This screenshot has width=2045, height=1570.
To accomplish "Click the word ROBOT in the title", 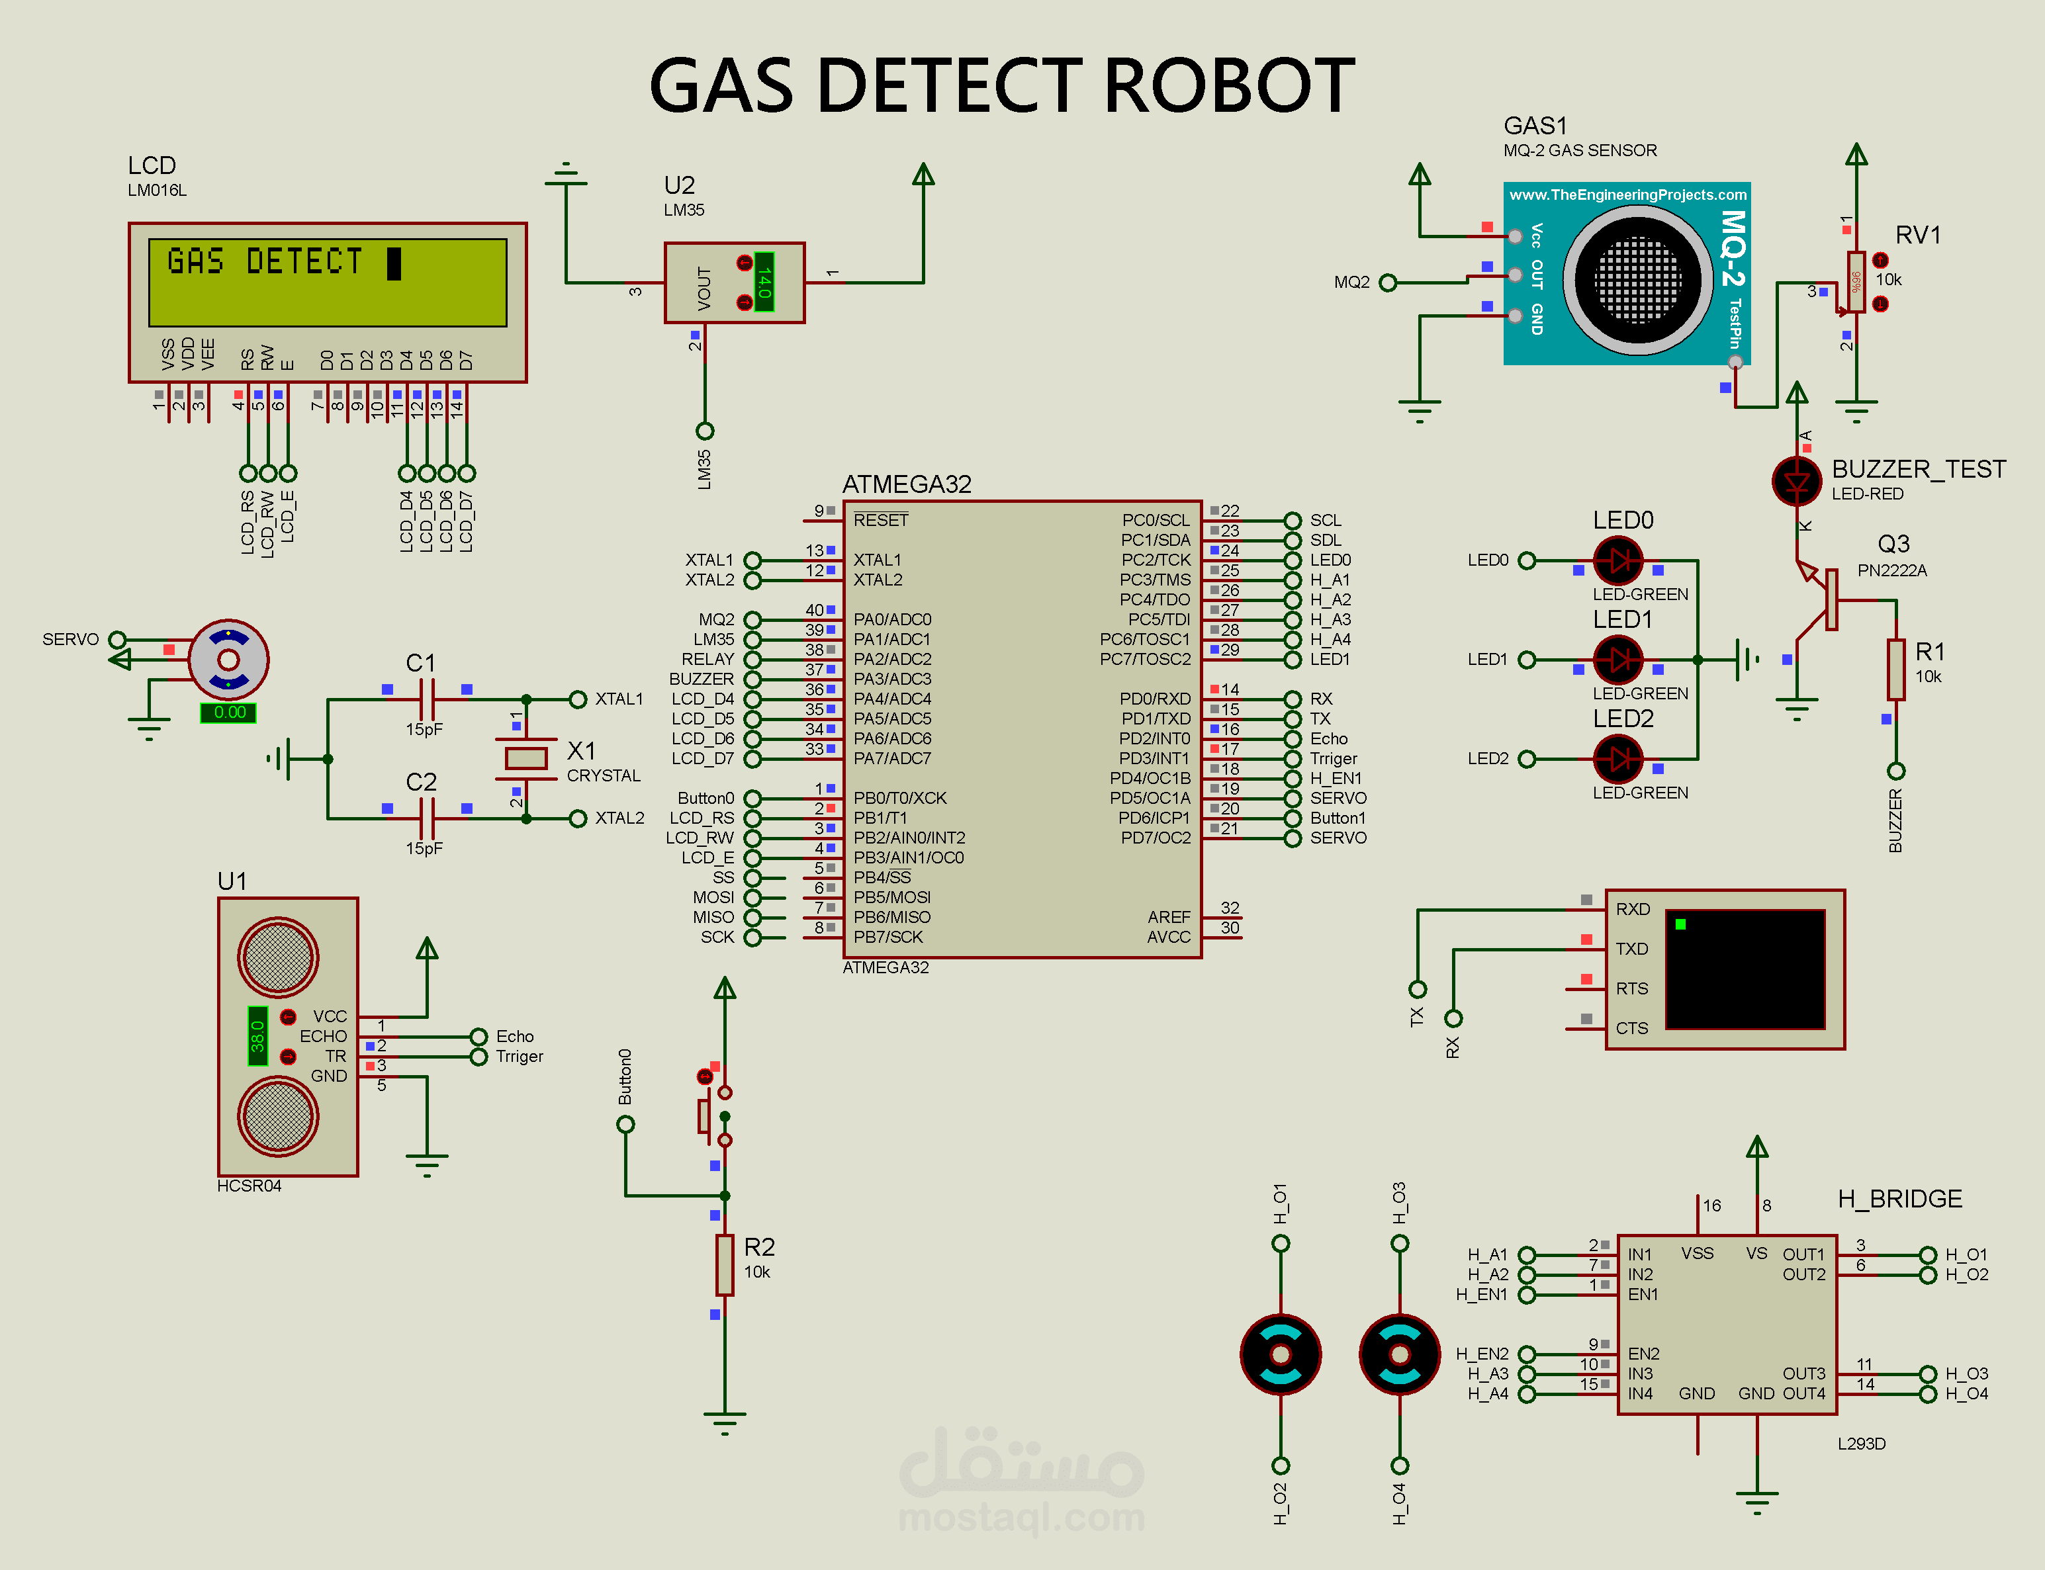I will click(1228, 86).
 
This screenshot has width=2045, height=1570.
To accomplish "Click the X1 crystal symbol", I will click(525, 758).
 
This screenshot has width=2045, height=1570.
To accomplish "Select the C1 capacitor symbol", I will click(427, 699).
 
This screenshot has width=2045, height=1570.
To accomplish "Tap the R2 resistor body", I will click(724, 1264).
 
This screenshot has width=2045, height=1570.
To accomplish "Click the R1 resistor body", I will click(1895, 669).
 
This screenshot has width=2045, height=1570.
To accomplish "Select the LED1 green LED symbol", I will click(1618, 660).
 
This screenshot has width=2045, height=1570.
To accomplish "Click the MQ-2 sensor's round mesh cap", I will click(1637, 279).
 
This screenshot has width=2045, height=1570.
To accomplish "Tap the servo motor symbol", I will click(228, 660).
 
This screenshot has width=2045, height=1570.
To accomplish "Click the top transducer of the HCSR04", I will click(277, 957).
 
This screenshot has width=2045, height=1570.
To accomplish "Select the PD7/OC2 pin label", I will click(1156, 838).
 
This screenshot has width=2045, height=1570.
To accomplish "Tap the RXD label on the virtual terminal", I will click(1632, 909).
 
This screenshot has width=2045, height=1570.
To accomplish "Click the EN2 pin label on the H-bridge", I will click(1643, 1353).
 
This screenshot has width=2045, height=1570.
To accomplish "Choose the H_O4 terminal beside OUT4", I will click(1927, 1393).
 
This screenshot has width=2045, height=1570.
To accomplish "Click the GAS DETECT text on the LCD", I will click(265, 262).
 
